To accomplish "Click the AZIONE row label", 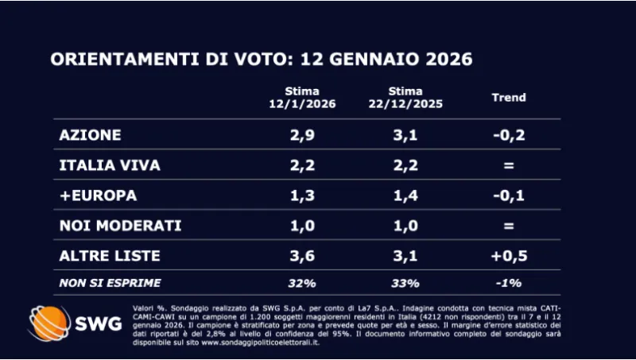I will pyautogui.click(x=90, y=135).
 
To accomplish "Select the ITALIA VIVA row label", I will pyautogui.click(x=110, y=165).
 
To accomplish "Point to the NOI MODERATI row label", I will pyautogui.click(x=120, y=226).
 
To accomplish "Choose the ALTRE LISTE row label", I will pyautogui.click(x=110, y=256).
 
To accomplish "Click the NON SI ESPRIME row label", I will pyautogui.click(x=110, y=282).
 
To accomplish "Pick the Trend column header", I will pyautogui.click(x=509, y=98).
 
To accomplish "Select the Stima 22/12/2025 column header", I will pyautogui.click(x=405, y=98).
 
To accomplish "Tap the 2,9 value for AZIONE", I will pyautogui.click(x=304, y=135).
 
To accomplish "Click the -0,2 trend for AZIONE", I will pyautogui.click(x=509, y=135).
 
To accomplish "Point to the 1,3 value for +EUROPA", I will pyautogui.click(x=304, y=195).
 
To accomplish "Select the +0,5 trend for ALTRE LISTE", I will pyautogui.click(x=509, y=256).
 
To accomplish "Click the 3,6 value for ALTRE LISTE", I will pyautogui.click(x=304, y=256).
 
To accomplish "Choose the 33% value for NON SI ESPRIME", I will pyautogui.click(x=405, y=282).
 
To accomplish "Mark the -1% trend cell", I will pyautogui.click(x=509, y=282).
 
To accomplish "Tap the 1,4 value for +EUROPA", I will pyautogui.click(x=405, y=195).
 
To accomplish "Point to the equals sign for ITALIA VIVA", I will pyautogui.click(x=509, y=165).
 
